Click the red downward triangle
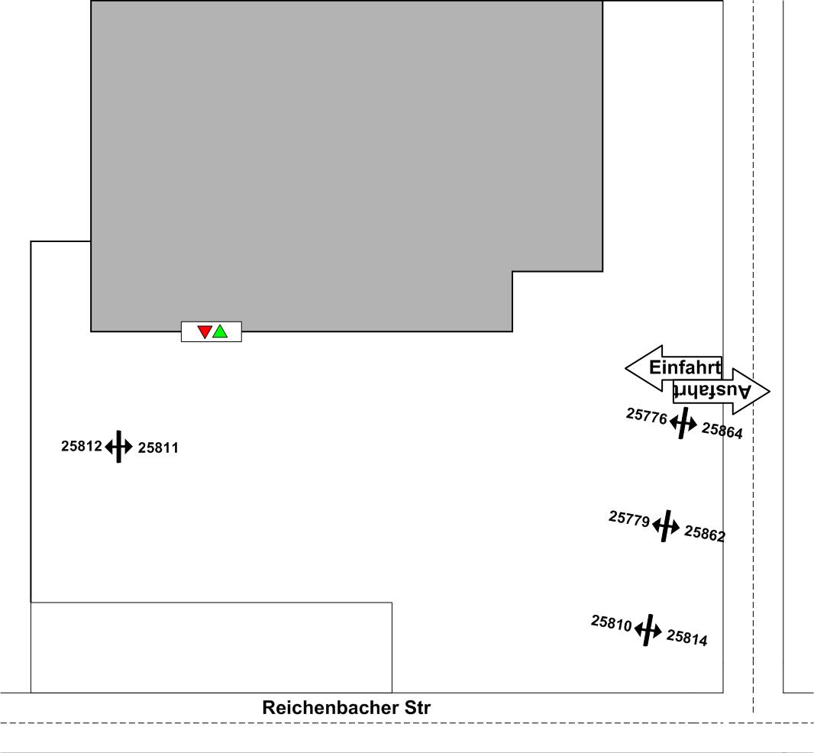(x=205, y=331)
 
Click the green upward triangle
(x=220, y=331)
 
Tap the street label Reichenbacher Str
(x=346, y=707)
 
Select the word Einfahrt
(x=684, y=367)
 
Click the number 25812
(x=81, y=446)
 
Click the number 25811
(x=158, y=448)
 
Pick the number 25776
(x=647, y=416)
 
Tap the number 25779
(x=629, y=519)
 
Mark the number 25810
(x=611, y=623)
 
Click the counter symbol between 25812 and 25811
(x=118, y=447)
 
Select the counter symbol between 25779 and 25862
(x=666, y=525)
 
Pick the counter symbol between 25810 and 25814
(x=648, y=630)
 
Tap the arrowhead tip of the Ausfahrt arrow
(x=768, y=391)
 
